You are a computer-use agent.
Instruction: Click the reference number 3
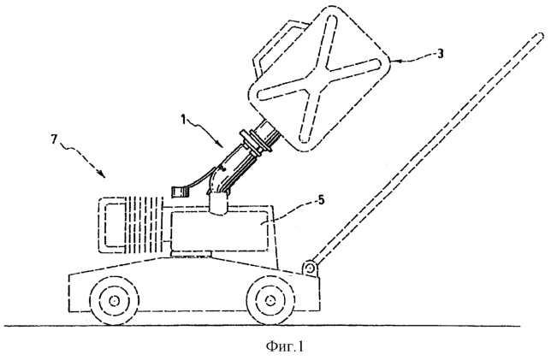tap(440, 53)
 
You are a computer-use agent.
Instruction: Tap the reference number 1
tap(183, 120)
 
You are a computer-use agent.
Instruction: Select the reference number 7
tap(53, 139)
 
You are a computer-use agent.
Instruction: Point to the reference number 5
tap(321, 201)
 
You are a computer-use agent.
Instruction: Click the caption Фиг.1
tap(285, 346)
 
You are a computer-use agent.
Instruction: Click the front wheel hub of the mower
tap(114, 301)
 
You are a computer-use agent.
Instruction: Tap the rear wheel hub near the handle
tap(270, 301)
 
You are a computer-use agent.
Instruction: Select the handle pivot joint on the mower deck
tap(310, 269)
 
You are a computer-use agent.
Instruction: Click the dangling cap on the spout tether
tap(179, 192)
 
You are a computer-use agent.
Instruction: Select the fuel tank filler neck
tap(217, 204)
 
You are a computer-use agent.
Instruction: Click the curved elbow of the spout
tap(215, 179)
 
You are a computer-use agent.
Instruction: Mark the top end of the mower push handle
tap(541, 35)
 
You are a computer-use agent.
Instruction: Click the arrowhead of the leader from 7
tap(101, 174)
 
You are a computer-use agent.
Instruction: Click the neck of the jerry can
tap(270, 133)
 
